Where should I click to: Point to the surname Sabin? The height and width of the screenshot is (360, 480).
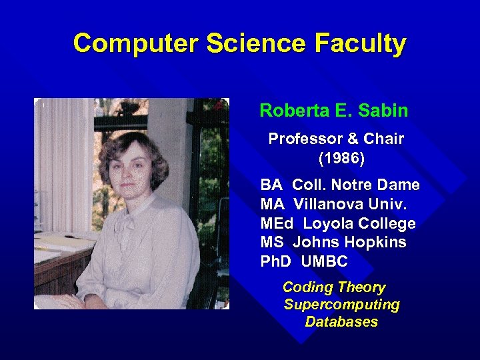click(x=383, y=110)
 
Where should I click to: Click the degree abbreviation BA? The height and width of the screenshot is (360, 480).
click(x=271, y=185)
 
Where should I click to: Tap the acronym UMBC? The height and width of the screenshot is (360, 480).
click(x=325, y=262)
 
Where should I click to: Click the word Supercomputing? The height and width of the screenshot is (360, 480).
click(x=341, y=305)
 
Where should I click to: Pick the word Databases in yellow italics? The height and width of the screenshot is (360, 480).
click(x=341, y=322)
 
